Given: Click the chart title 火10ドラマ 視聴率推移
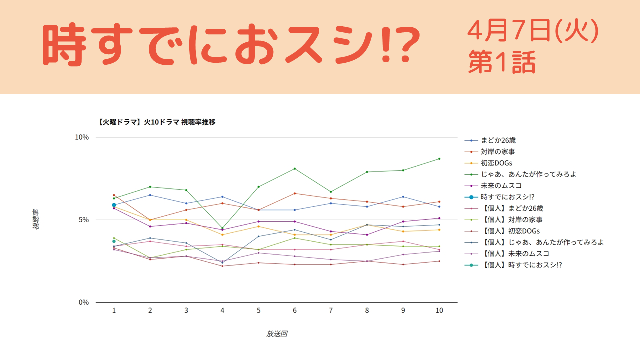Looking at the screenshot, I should click(157, 122).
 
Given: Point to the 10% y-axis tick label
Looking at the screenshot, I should click(81, 137).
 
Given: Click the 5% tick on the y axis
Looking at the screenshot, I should click(83, 220).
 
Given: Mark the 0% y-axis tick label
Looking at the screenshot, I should click(83, 302).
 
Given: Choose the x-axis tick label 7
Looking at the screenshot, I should click(331, 310).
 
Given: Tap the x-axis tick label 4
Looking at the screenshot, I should click(222, 310).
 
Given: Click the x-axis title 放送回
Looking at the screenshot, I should click(276, 334).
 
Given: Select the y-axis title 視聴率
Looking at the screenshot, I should click(36, 219).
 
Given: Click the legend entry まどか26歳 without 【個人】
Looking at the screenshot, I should click(498, 140).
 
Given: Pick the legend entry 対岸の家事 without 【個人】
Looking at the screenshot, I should click(498, 152).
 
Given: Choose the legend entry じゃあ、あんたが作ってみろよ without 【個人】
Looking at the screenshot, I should click(529, 174).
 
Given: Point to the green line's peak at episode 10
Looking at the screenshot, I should click(439, 159).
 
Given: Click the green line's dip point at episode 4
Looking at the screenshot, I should click(222, 228).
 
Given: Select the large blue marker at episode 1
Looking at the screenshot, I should click(114, 205).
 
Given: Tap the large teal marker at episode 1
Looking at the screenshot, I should click(114, 241).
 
